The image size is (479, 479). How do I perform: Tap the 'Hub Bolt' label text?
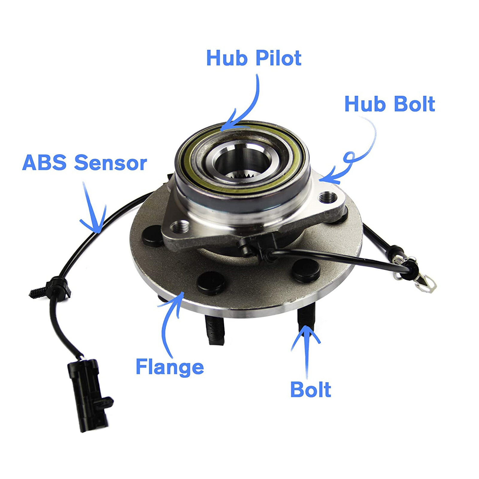389,104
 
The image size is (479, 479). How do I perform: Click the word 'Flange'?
169,367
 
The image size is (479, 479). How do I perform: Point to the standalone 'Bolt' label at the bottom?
310,389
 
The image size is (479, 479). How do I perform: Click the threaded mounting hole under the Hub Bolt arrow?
328,197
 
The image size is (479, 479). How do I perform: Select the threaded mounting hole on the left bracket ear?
181,227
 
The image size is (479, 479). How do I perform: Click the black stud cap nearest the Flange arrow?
211,283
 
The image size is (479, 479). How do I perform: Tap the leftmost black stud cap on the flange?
152,236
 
